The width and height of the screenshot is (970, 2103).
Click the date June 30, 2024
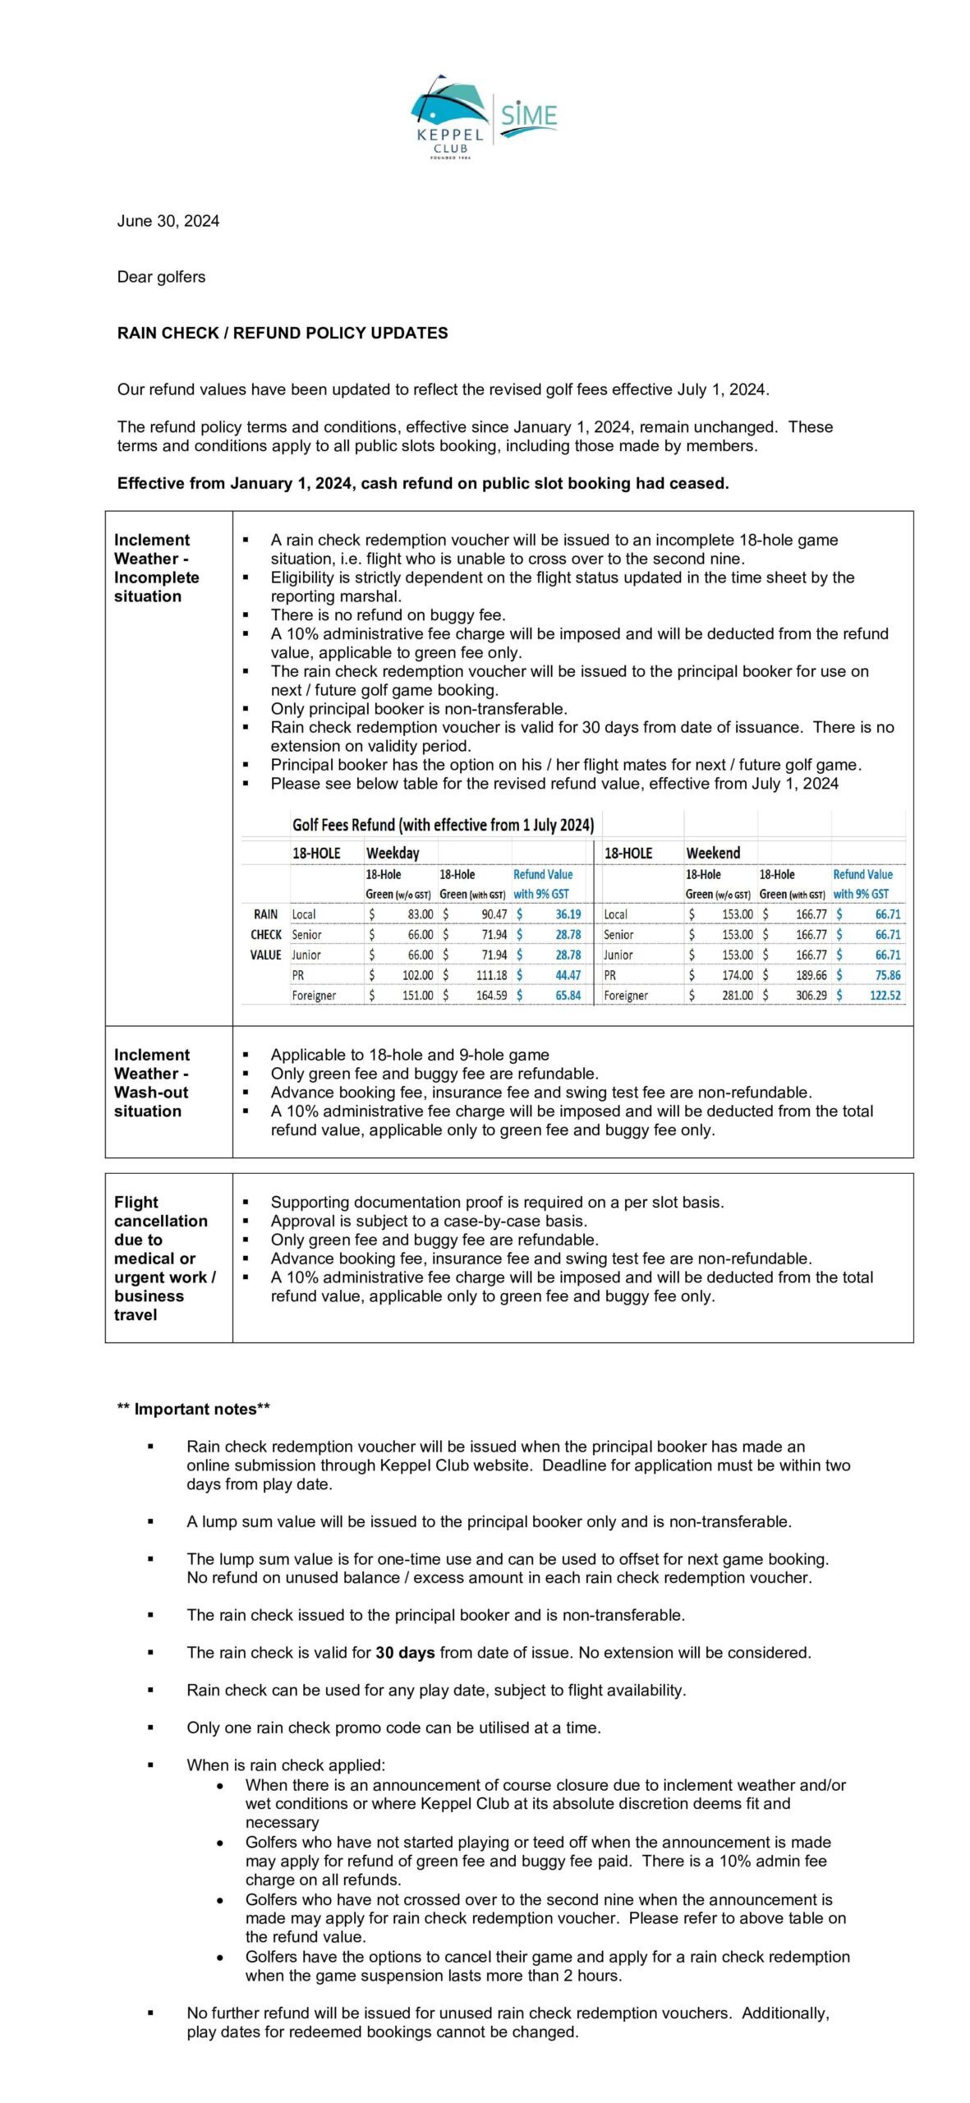(x=168, y=221)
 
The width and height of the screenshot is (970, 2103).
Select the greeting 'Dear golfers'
(x=161, y=277)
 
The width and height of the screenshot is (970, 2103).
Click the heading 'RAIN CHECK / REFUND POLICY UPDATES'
(x=283, y=333)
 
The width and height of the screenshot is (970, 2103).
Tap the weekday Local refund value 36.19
(x=568, y=914)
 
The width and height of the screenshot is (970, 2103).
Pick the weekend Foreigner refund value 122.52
(x=885, y=996)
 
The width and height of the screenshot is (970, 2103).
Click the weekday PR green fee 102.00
(x=417, y=975)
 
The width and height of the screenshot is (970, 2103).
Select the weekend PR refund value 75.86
(x=887, y=975)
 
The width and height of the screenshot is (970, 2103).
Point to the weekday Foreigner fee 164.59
(x=491, y=996)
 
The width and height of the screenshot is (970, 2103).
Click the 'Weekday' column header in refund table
(x=392, y=854)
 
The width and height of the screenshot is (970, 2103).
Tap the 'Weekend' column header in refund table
(x=712, y=854)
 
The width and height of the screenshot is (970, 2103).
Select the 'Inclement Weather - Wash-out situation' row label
(x=152, y=1083)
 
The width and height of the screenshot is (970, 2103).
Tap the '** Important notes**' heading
(x=193, y=1409)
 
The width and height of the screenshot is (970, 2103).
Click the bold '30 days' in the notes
(x=405, y=1652)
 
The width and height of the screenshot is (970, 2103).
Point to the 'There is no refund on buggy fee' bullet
(x=388, y=614)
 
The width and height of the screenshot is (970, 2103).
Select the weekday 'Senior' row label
(x=306, y=935)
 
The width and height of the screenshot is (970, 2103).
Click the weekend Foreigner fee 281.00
(x=737, y=996)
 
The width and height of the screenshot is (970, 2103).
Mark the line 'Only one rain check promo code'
(x=393, y=1727)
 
